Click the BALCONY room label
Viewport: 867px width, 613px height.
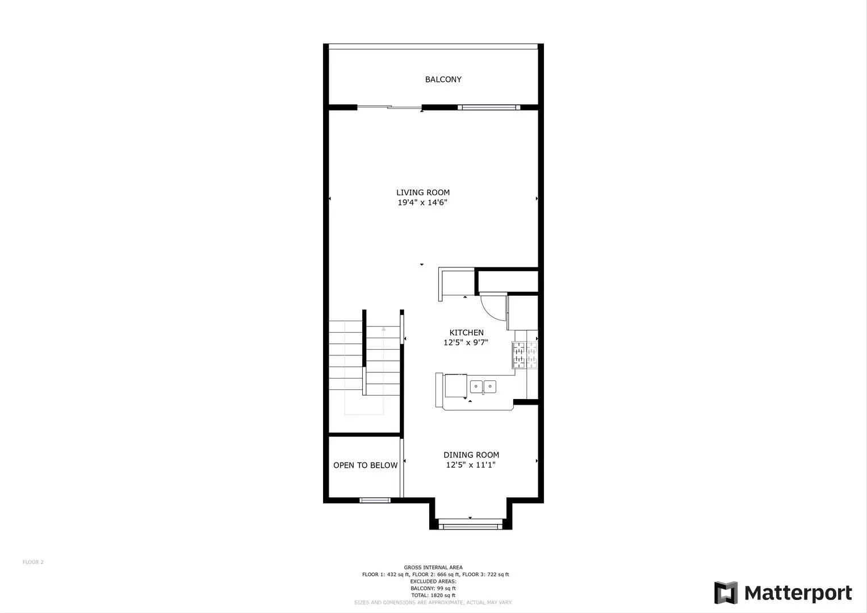pos(443,79)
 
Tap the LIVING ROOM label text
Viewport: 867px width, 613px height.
pos(423,192)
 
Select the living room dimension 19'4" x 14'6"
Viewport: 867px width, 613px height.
pos(423,203)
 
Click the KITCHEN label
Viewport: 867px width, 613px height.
pos(466,333)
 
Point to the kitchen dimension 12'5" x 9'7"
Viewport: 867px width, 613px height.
pos(466,343)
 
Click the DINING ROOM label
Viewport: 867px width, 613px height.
pos(471,455)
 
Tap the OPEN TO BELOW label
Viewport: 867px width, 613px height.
pos(365,465)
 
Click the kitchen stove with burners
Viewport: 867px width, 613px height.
pos(525,355)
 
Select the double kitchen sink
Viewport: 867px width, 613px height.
pos(483,387)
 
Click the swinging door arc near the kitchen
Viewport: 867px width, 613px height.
pos(492,306)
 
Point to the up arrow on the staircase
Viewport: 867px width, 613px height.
pos(384,329)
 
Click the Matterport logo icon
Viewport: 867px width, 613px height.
pos(726,593)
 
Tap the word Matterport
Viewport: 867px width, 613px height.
pos(798,593)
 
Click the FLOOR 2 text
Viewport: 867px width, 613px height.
pos(33,562)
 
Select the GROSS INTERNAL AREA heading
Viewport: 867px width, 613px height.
pos(433,568)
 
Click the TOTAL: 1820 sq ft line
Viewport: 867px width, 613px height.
pos(433,595)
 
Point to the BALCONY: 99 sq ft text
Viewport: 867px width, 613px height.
pos(433,589)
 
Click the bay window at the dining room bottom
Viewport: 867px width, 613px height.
pos(470,527)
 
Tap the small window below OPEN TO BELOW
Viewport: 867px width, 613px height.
pos(375,500)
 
